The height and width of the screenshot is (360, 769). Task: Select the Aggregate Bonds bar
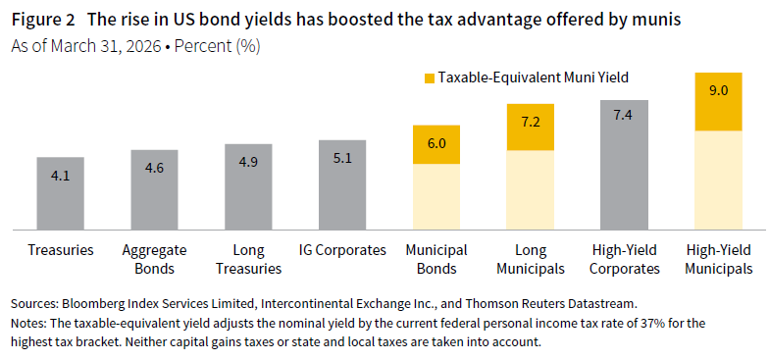click(x=154, y=189)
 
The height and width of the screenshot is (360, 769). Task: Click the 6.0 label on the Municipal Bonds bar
click(x=436, y=144)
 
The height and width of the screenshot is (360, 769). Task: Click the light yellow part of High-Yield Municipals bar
click(x=719, y=180)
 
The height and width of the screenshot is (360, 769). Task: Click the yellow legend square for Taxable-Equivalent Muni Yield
click(x=429, y=77)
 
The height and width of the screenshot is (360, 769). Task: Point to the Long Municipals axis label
click(x=531, y=259)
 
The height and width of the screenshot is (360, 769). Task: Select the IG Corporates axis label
click(x=342, y=250)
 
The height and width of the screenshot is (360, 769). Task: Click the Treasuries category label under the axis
click(x=61, y=250)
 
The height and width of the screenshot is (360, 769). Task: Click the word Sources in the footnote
click(x=34, y=304)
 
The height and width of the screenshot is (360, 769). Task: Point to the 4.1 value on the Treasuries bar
click(x=60, y=175)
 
